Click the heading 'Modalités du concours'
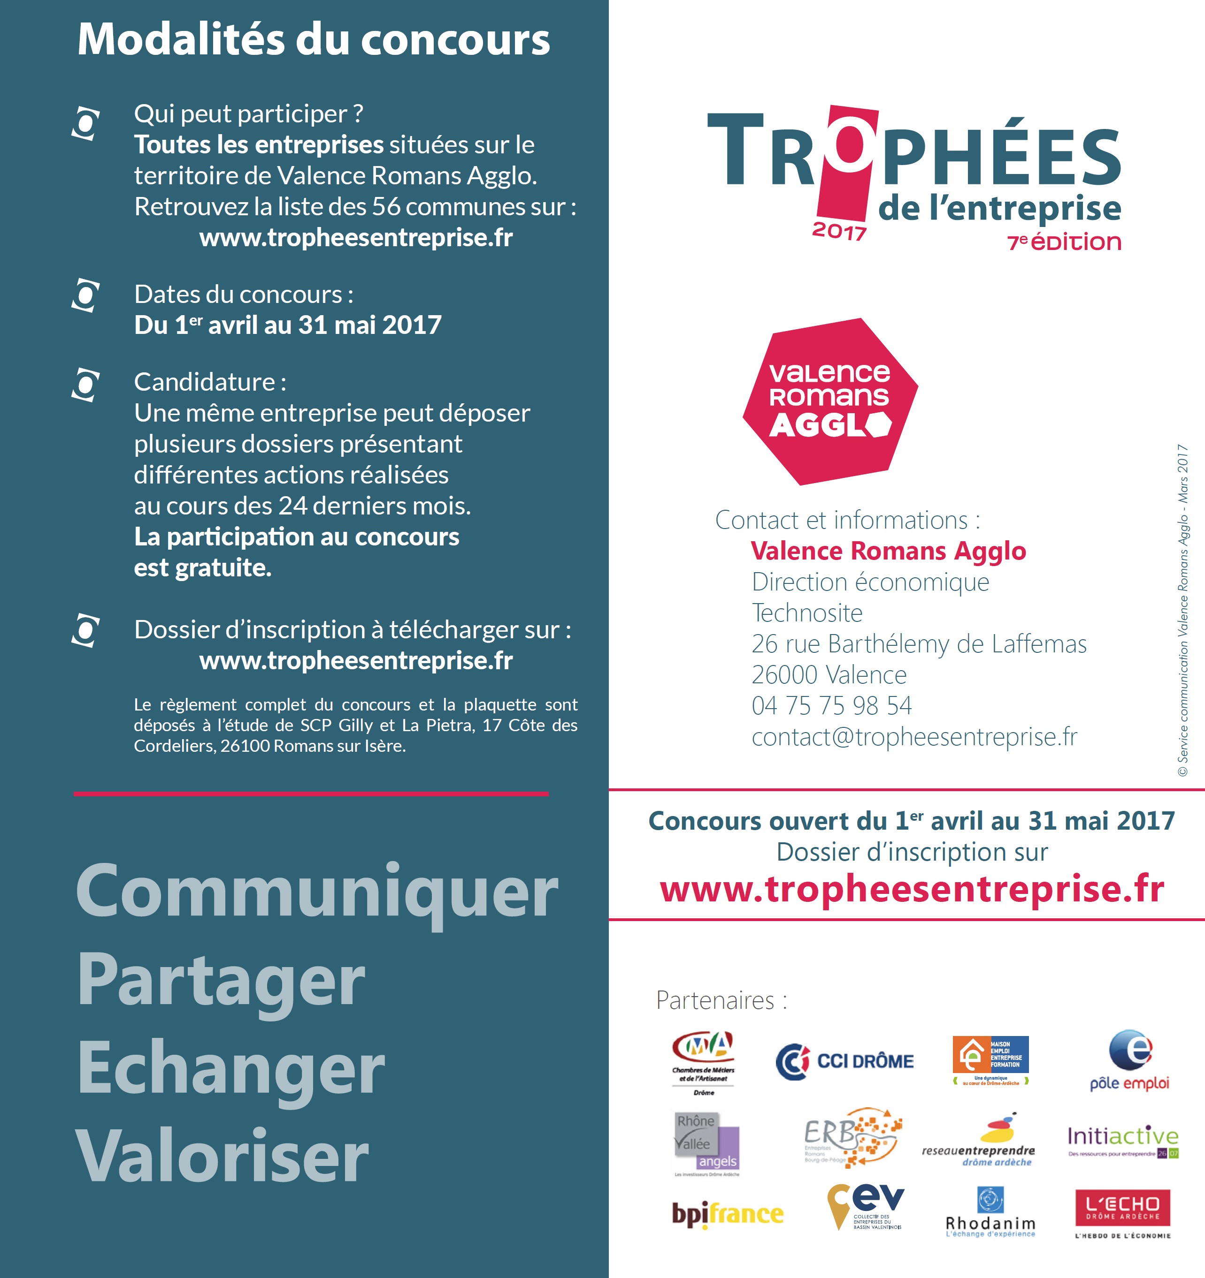click(313, 40)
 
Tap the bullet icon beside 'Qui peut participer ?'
click(85, 123)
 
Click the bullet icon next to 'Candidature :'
click(85, 385)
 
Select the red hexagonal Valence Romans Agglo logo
click(830, 402)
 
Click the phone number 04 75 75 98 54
click(831, 706)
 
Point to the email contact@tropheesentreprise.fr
click(913, 737)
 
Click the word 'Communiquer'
click(316, 892)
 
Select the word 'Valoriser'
click(222, 1157)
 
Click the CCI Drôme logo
click(844, 1061)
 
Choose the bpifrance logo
click(727, 1214)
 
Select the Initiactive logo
click(1123, 1141)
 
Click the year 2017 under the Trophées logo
click(839, 231)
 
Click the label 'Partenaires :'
click(721, 1001)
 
